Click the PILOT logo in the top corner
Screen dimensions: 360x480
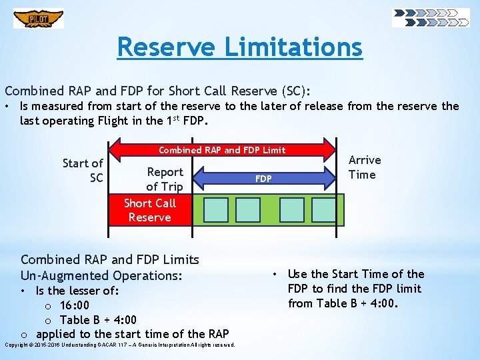pos(39,18)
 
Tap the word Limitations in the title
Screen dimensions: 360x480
pos(293,47)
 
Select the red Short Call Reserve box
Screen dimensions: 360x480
pos(149,210)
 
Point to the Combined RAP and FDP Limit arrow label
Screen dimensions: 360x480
pos(222,150)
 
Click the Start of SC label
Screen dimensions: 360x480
pos(83,171)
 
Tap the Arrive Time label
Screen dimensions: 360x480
pos(365,167)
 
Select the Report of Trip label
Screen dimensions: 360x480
pos(164,179)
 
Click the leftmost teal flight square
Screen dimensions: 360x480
pos(215,209)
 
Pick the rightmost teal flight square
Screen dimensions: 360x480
pos(324,209)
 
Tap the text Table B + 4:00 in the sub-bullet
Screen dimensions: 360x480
pos(98,320)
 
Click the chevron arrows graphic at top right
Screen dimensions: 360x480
pos(431,17)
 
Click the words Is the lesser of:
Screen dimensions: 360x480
pos(77,291)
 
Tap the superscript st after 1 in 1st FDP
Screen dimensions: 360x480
pos(179,118)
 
